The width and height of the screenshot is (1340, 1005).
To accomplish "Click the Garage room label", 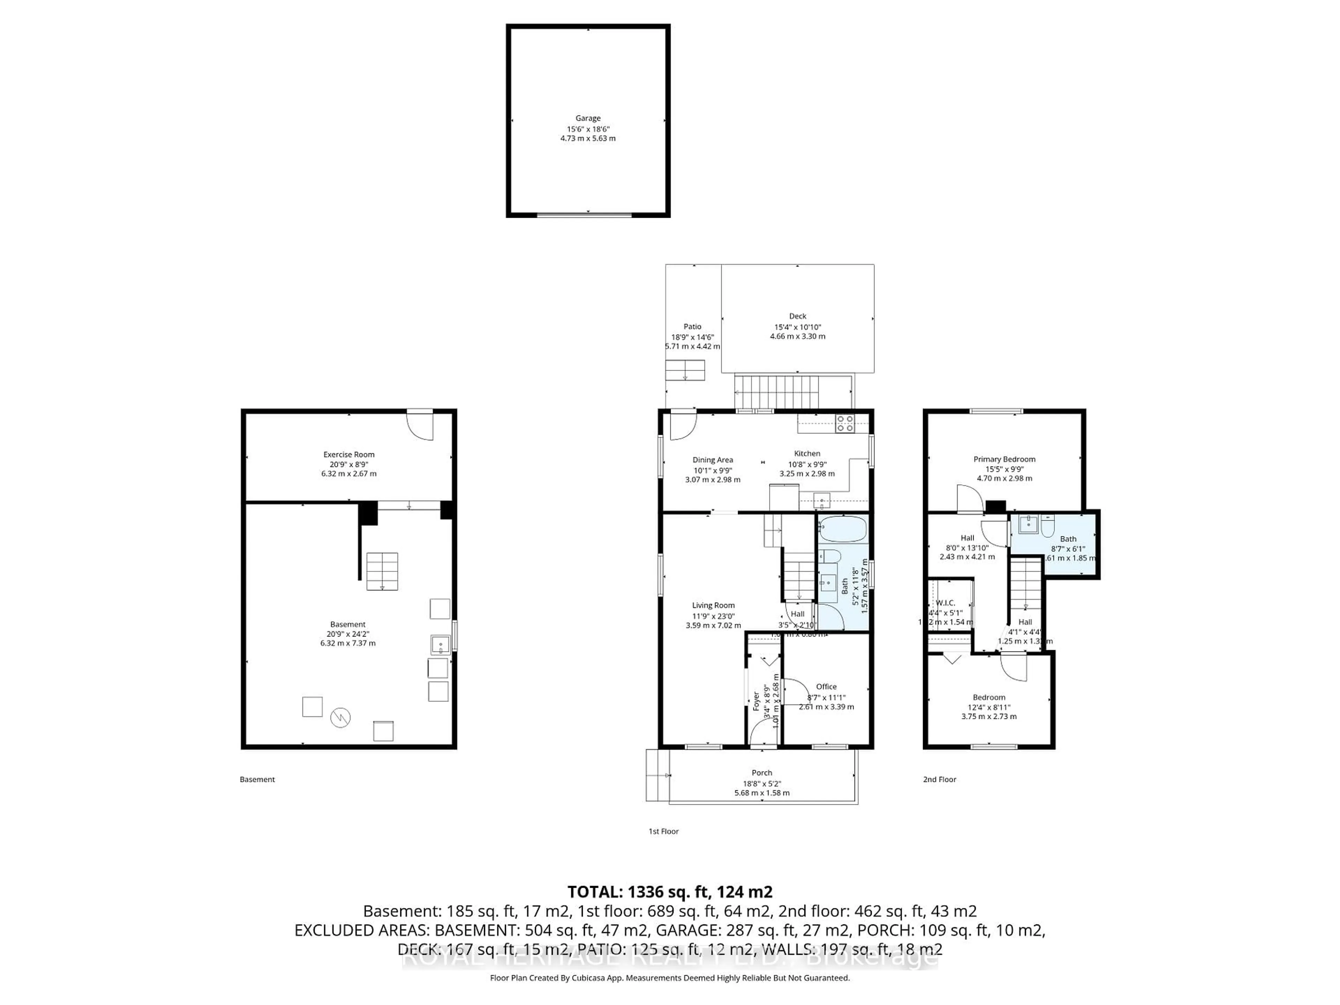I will click(588, 118).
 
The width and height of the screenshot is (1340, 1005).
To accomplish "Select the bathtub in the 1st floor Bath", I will click(843, 529).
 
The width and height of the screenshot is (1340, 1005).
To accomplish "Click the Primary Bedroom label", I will click(1004, 459).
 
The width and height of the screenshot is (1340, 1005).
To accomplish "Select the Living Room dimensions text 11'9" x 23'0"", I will click(713, 616).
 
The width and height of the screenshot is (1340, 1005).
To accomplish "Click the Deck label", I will click(797, 316).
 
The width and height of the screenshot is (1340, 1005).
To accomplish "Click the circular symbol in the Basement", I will click(341, 718).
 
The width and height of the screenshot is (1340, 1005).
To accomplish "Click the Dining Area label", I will click(713, 460).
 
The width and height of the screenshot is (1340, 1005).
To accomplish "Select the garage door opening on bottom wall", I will click(585, 215).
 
